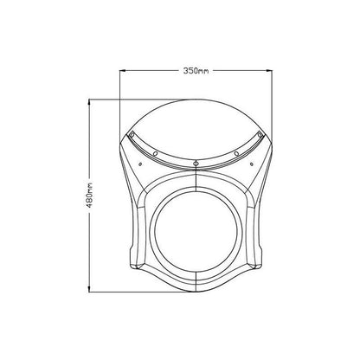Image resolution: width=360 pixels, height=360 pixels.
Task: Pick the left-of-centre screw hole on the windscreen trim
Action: pos(155,154)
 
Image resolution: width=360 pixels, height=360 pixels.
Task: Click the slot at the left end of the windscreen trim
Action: pos(131,135)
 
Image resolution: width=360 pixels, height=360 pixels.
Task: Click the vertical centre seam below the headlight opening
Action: pos(198,281)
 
